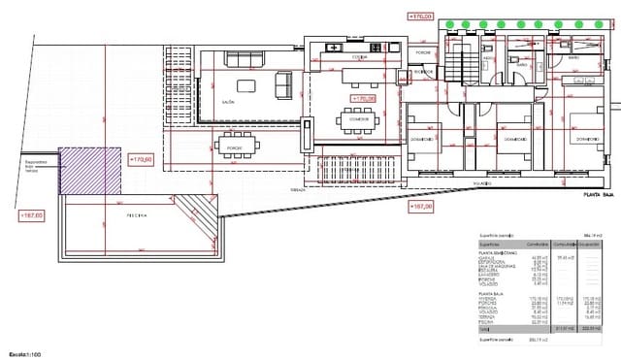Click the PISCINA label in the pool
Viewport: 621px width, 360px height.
[135, 216]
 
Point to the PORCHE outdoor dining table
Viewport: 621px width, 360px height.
[237, 147]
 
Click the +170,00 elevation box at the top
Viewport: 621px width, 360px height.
[420, 16]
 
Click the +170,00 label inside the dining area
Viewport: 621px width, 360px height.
[363, 98]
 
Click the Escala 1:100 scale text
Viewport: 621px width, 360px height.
[24, 353]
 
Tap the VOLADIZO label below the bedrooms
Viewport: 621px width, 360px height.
[482, 181]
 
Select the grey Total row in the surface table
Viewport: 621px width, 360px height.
[544, 328]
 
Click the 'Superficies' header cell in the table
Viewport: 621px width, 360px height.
[490, 244]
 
